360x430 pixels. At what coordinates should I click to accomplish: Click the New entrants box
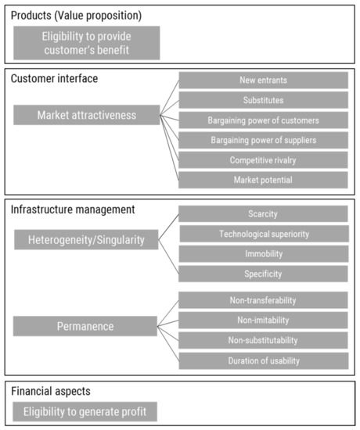click(263, 81)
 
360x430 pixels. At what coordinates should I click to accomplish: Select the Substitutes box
click(263, 100)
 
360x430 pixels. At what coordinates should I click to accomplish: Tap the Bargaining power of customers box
click(263, 120)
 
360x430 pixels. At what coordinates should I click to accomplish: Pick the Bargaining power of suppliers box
click(263, 141)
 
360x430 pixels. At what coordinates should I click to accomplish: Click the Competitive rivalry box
click(263, 160)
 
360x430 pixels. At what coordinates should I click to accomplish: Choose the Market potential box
click(263, 181)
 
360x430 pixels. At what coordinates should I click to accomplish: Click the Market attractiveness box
click(86, 116)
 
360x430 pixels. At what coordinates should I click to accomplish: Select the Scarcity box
click(263, 213)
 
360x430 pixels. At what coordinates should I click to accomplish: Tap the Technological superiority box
click(263, 234)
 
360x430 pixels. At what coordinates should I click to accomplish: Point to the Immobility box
click(263, 254)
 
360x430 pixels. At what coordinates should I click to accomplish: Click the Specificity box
click(263, 274)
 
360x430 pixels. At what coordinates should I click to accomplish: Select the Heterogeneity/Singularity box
click(86, 241)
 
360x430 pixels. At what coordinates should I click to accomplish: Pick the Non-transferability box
click(263, 300)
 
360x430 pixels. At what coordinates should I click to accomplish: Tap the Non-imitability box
click(263, 321)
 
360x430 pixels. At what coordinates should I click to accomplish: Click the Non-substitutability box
click(263, 340)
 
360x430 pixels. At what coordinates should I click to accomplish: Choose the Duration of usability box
click(263, 360)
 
